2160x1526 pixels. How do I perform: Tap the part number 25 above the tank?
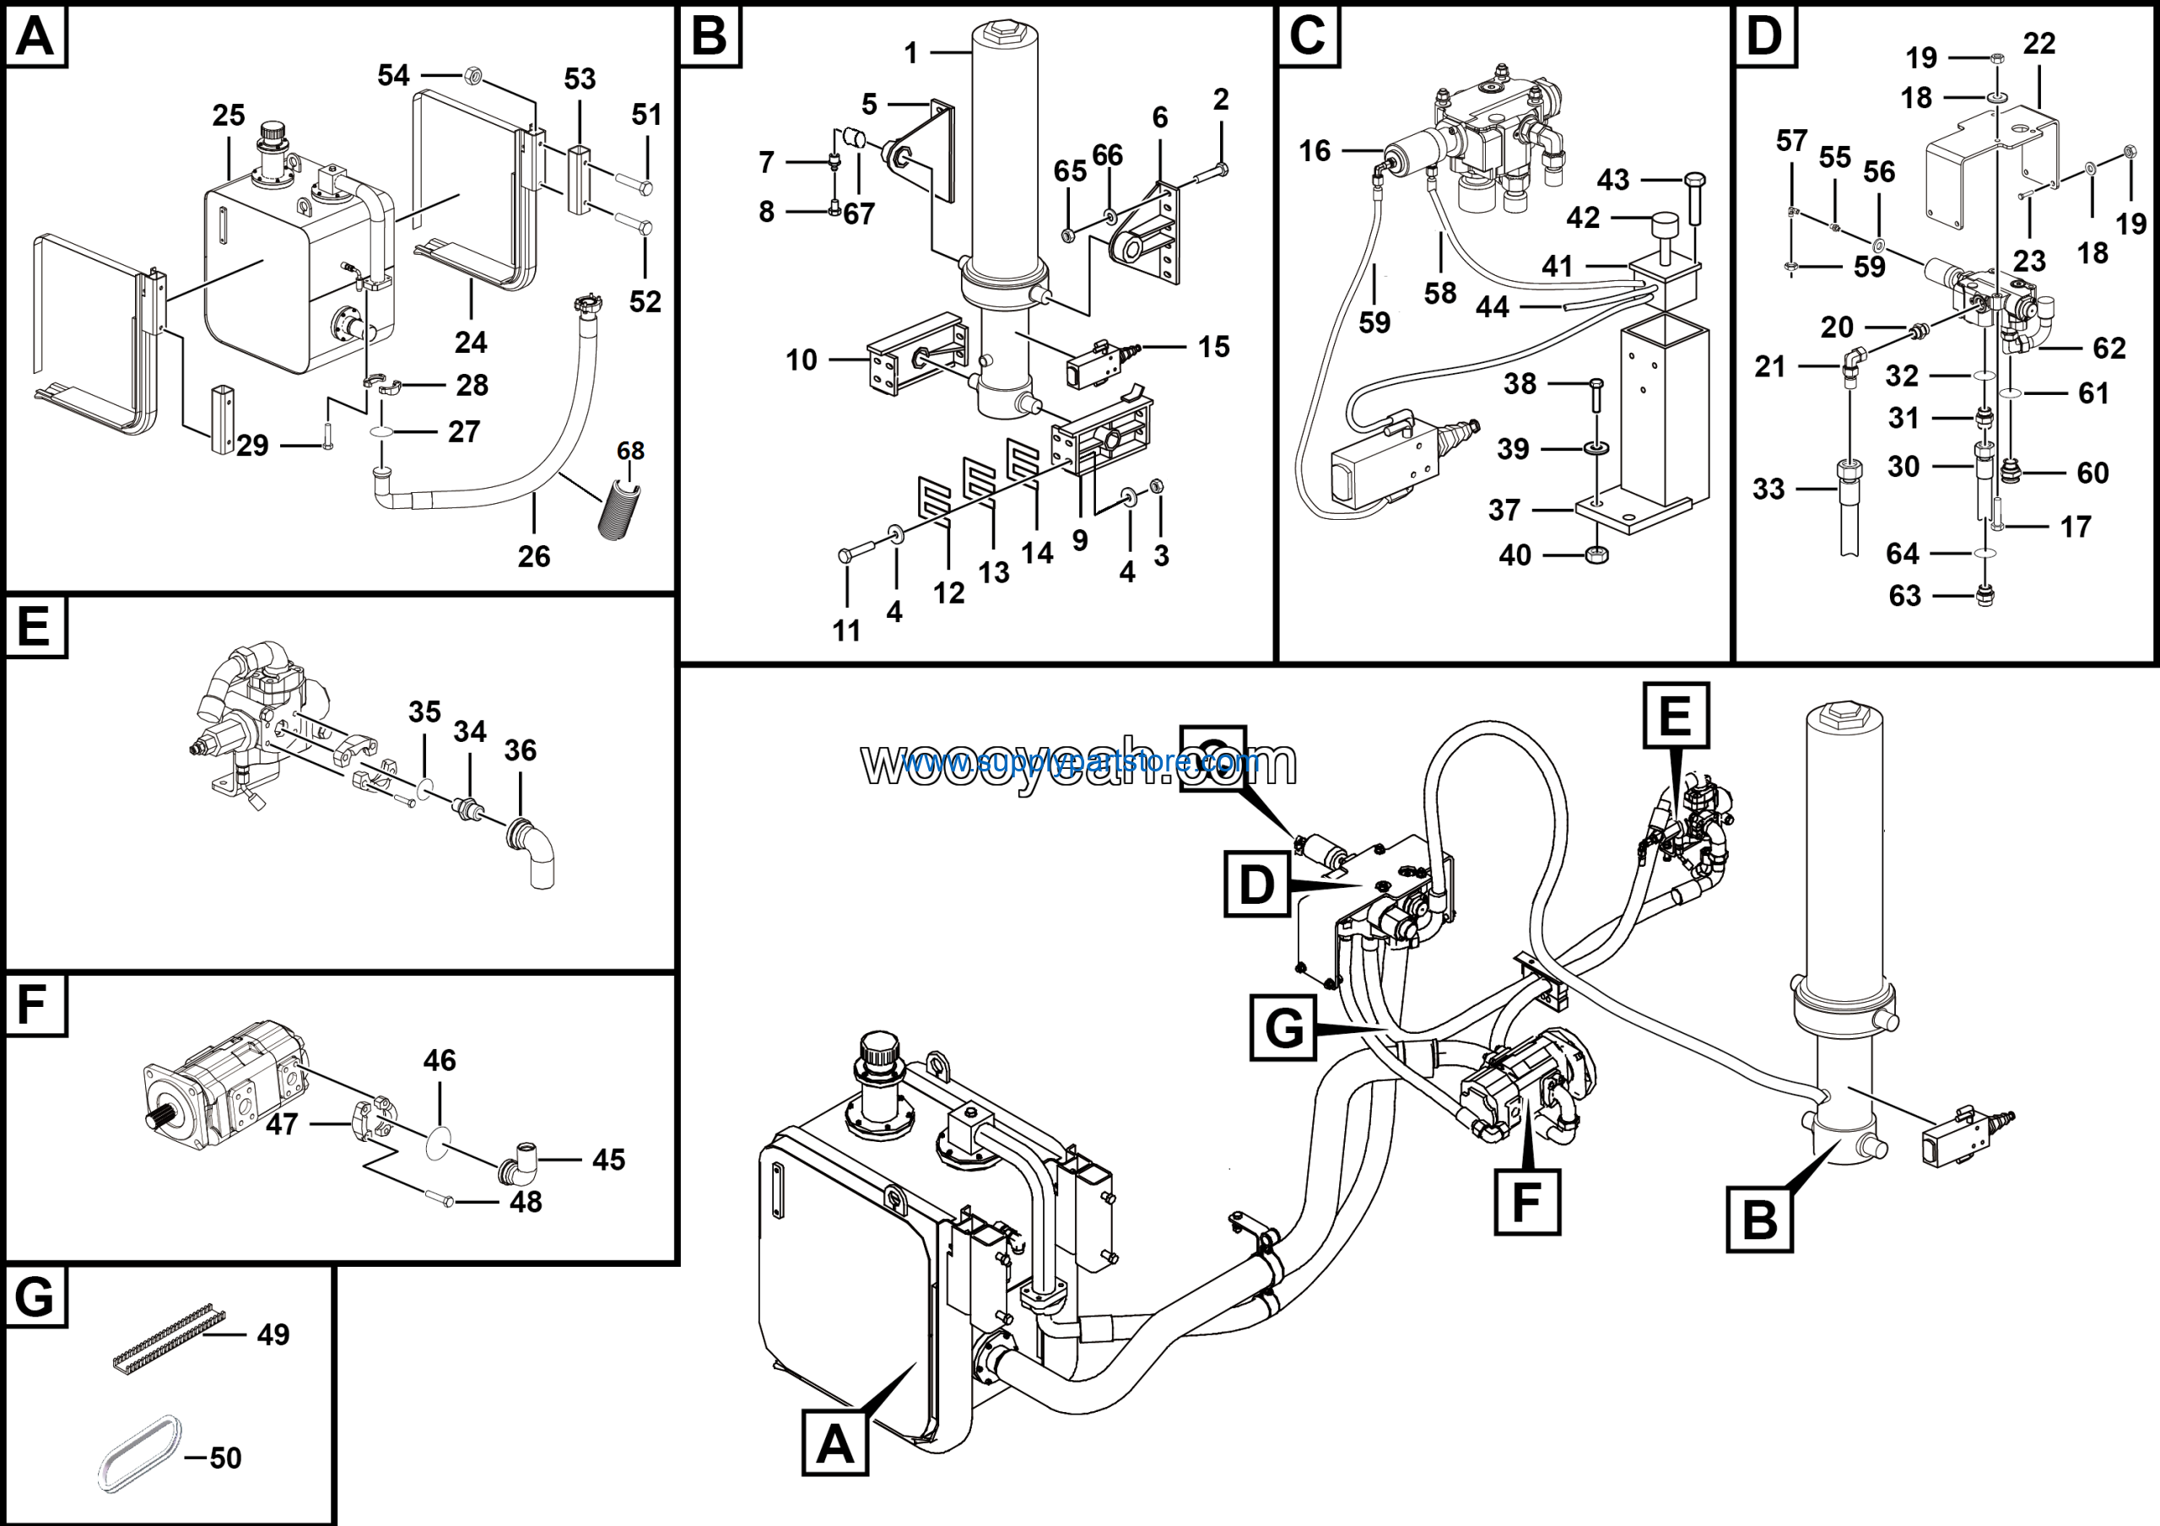pyautogui.click(x=228, y=116)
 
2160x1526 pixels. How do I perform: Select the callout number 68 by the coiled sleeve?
pyautogui.click(x=630, y=451)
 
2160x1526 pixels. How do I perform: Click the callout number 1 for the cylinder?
pyautogui.click(x=910, y=54)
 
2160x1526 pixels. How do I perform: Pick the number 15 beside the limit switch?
pyautogui.click(x=1213, y=347)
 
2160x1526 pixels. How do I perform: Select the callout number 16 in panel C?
pyautogui.click(x=1315, y=150)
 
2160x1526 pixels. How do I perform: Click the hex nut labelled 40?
pyautogui.click(x=1596, y=555)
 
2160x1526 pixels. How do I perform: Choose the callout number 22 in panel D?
pyautogui.click(x=2038, y=43)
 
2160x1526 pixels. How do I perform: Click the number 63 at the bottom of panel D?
pyautogui.click(x=1904, y=596)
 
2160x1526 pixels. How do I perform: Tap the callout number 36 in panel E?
pyautogui.click(x=521, y=751)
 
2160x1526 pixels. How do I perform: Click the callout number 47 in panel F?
pyautogui.click(x=281, y=1124)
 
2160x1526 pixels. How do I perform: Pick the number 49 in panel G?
pyautogui.click(x=273, y=1334)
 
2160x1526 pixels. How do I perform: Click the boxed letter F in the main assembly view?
pyautogui.click(x=1527, y=1201)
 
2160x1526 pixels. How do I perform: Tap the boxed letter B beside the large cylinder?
pyautogui.click(x=1759, y=1220)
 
